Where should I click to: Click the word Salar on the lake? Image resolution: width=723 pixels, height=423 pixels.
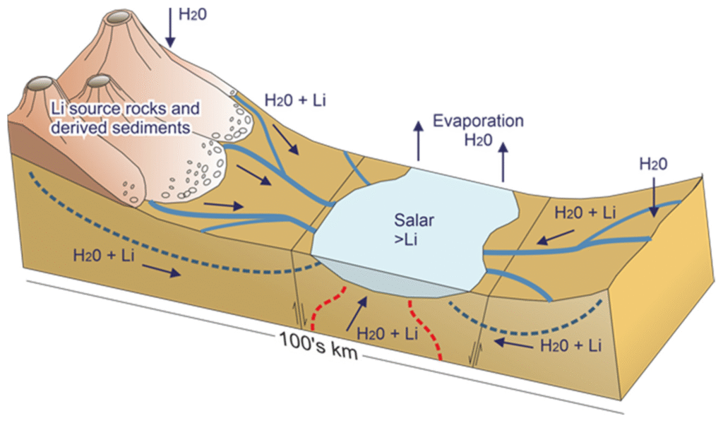click(x=414, y=220)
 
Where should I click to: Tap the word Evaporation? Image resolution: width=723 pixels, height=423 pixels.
click(x=478, y=121)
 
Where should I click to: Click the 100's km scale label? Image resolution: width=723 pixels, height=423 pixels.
click(x=318, y=345)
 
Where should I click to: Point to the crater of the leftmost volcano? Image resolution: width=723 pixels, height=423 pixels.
click(x=40, y=83)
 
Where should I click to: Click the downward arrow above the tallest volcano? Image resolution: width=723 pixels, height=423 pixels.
click(x=171, y=27)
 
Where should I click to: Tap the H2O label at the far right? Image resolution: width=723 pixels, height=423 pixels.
click(x=653, y=164)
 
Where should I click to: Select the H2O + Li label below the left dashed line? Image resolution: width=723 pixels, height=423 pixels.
click(x=103, y=255)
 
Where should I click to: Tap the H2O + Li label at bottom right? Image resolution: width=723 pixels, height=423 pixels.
click(x=570, y=345)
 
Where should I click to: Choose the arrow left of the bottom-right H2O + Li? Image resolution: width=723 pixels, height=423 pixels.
click(x=513, y=343)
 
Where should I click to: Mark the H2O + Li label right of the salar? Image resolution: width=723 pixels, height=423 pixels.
click(x=585, y=212)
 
